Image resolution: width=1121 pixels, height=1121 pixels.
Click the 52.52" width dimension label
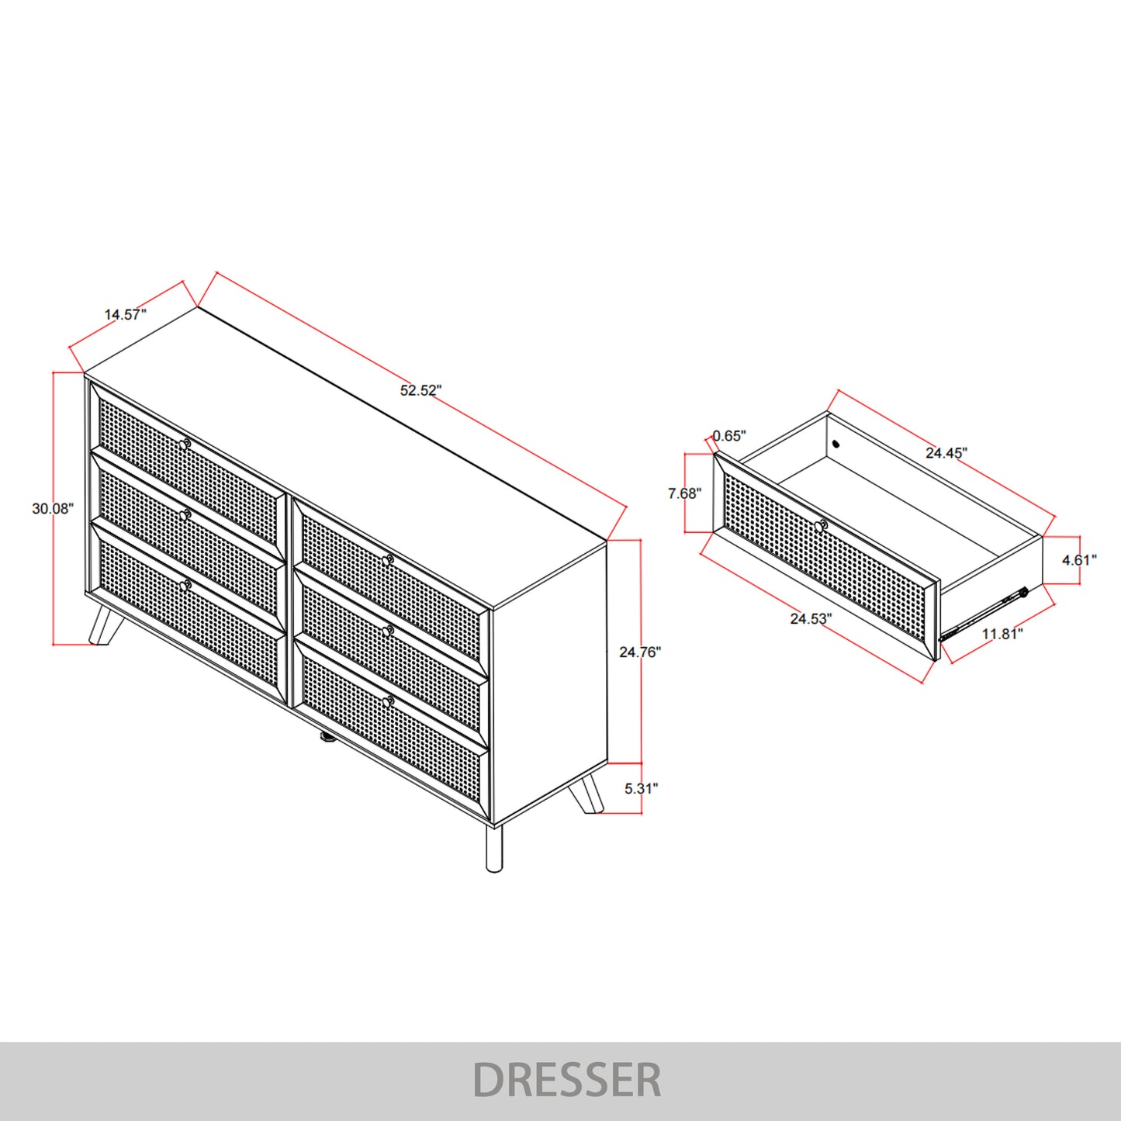(420, 390)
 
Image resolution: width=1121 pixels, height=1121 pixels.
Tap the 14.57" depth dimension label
(125, 315)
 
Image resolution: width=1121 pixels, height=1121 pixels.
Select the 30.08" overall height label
(53, 508)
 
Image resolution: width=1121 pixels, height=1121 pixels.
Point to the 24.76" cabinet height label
(640, 652)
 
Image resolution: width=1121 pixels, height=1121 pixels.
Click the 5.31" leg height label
(641, 788)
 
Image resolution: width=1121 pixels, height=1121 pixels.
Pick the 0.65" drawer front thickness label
(729, 436)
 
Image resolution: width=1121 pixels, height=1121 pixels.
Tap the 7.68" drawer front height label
(685, 493)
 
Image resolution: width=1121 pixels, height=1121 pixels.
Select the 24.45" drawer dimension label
(946, 452)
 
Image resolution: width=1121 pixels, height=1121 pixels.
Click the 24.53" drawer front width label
(811, 619)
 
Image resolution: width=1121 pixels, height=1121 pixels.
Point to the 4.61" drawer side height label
(1079, 560)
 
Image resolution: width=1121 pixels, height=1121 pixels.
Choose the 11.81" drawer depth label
(1002, 634)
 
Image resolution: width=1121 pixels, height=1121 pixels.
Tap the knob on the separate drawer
(820, 527)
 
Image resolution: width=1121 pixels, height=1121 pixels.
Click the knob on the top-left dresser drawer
(185, 445)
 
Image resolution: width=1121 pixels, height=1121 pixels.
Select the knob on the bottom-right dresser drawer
(389, 702)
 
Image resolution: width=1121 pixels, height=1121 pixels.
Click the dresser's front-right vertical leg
(493, 848)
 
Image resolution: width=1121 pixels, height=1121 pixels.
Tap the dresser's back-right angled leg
(586, 794)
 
